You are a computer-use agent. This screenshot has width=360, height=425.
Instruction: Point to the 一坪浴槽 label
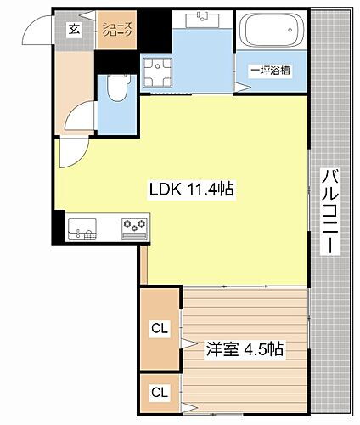(x=270, y=71)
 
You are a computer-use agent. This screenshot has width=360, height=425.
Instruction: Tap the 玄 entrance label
(x=74, y=30)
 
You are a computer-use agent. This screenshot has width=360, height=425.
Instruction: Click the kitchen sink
(x=82, y=228)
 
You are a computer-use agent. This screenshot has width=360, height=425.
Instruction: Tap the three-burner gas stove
(x=134, y=227)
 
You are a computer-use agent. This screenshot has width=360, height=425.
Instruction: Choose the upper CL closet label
(x=158, y=327)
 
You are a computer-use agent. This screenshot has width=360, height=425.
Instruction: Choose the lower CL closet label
(x=158, y=392)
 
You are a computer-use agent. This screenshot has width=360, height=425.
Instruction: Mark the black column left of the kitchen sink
(x=58, y=226)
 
